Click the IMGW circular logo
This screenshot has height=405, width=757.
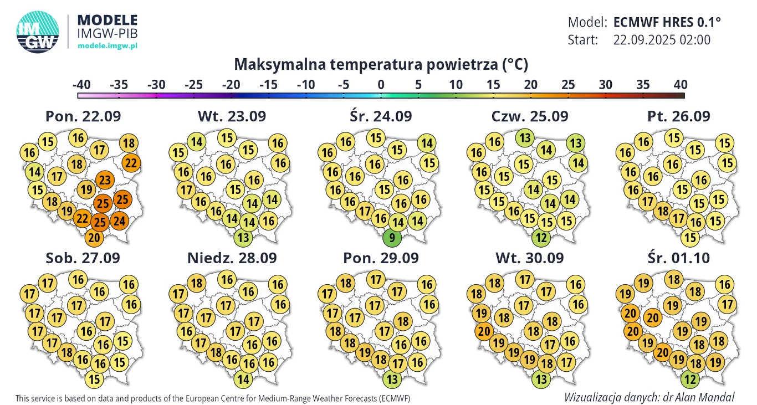tap(38, 32)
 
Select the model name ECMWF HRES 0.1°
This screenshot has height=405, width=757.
tap(667, 22)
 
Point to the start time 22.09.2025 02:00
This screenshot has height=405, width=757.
tap(662, 40)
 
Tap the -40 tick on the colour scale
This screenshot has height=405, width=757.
tap(81, 85)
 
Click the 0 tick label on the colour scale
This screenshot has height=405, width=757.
tap(381, 85)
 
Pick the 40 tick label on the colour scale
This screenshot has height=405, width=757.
tap(680, 85)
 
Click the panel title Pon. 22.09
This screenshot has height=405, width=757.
tap(83, 116)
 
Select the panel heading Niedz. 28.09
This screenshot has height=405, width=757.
tap(232, 258)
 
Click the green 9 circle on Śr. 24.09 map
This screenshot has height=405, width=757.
tap(392, 239)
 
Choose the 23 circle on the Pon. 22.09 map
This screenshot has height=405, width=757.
tap(104, 180)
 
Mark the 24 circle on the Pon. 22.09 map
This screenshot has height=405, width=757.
tap(119, 221)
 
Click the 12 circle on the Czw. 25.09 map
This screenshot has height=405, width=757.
tap(541, 239)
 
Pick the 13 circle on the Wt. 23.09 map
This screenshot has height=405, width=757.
tap(242, 239)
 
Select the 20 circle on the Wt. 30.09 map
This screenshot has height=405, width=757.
tap(482, 331)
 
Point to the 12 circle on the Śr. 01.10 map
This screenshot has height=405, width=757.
tap(689, 380)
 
